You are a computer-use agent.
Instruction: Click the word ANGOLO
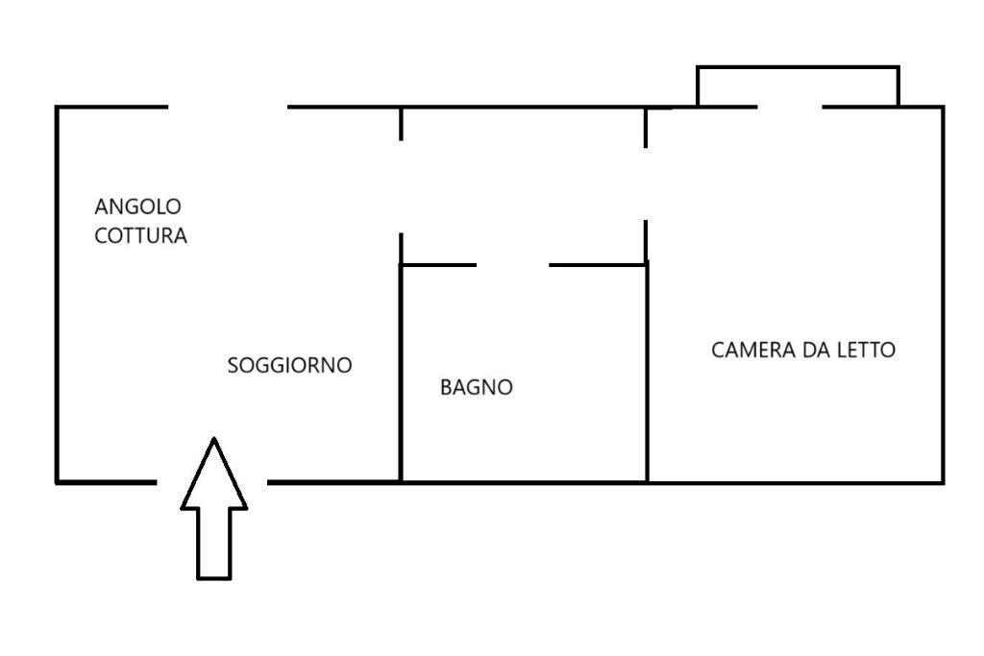click(138, 207)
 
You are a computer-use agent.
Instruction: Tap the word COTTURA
click(140, 236)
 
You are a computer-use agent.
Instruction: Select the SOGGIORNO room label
click(289, 366)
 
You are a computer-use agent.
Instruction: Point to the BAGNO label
click(477, 388)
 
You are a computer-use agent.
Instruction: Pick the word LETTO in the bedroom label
click(865, 351)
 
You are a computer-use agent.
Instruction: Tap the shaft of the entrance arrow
click(214, 543)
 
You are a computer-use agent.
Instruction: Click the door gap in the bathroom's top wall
click(512, 265)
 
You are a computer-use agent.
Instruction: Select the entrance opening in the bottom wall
click(211, 481)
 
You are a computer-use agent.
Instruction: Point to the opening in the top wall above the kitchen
click(228, 107)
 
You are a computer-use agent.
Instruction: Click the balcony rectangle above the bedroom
click(798, 85)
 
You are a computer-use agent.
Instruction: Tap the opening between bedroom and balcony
click(789, 107)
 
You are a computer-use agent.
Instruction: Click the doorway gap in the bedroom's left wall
click(646, 183)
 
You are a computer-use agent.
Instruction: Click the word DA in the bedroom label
click(814, 351)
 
